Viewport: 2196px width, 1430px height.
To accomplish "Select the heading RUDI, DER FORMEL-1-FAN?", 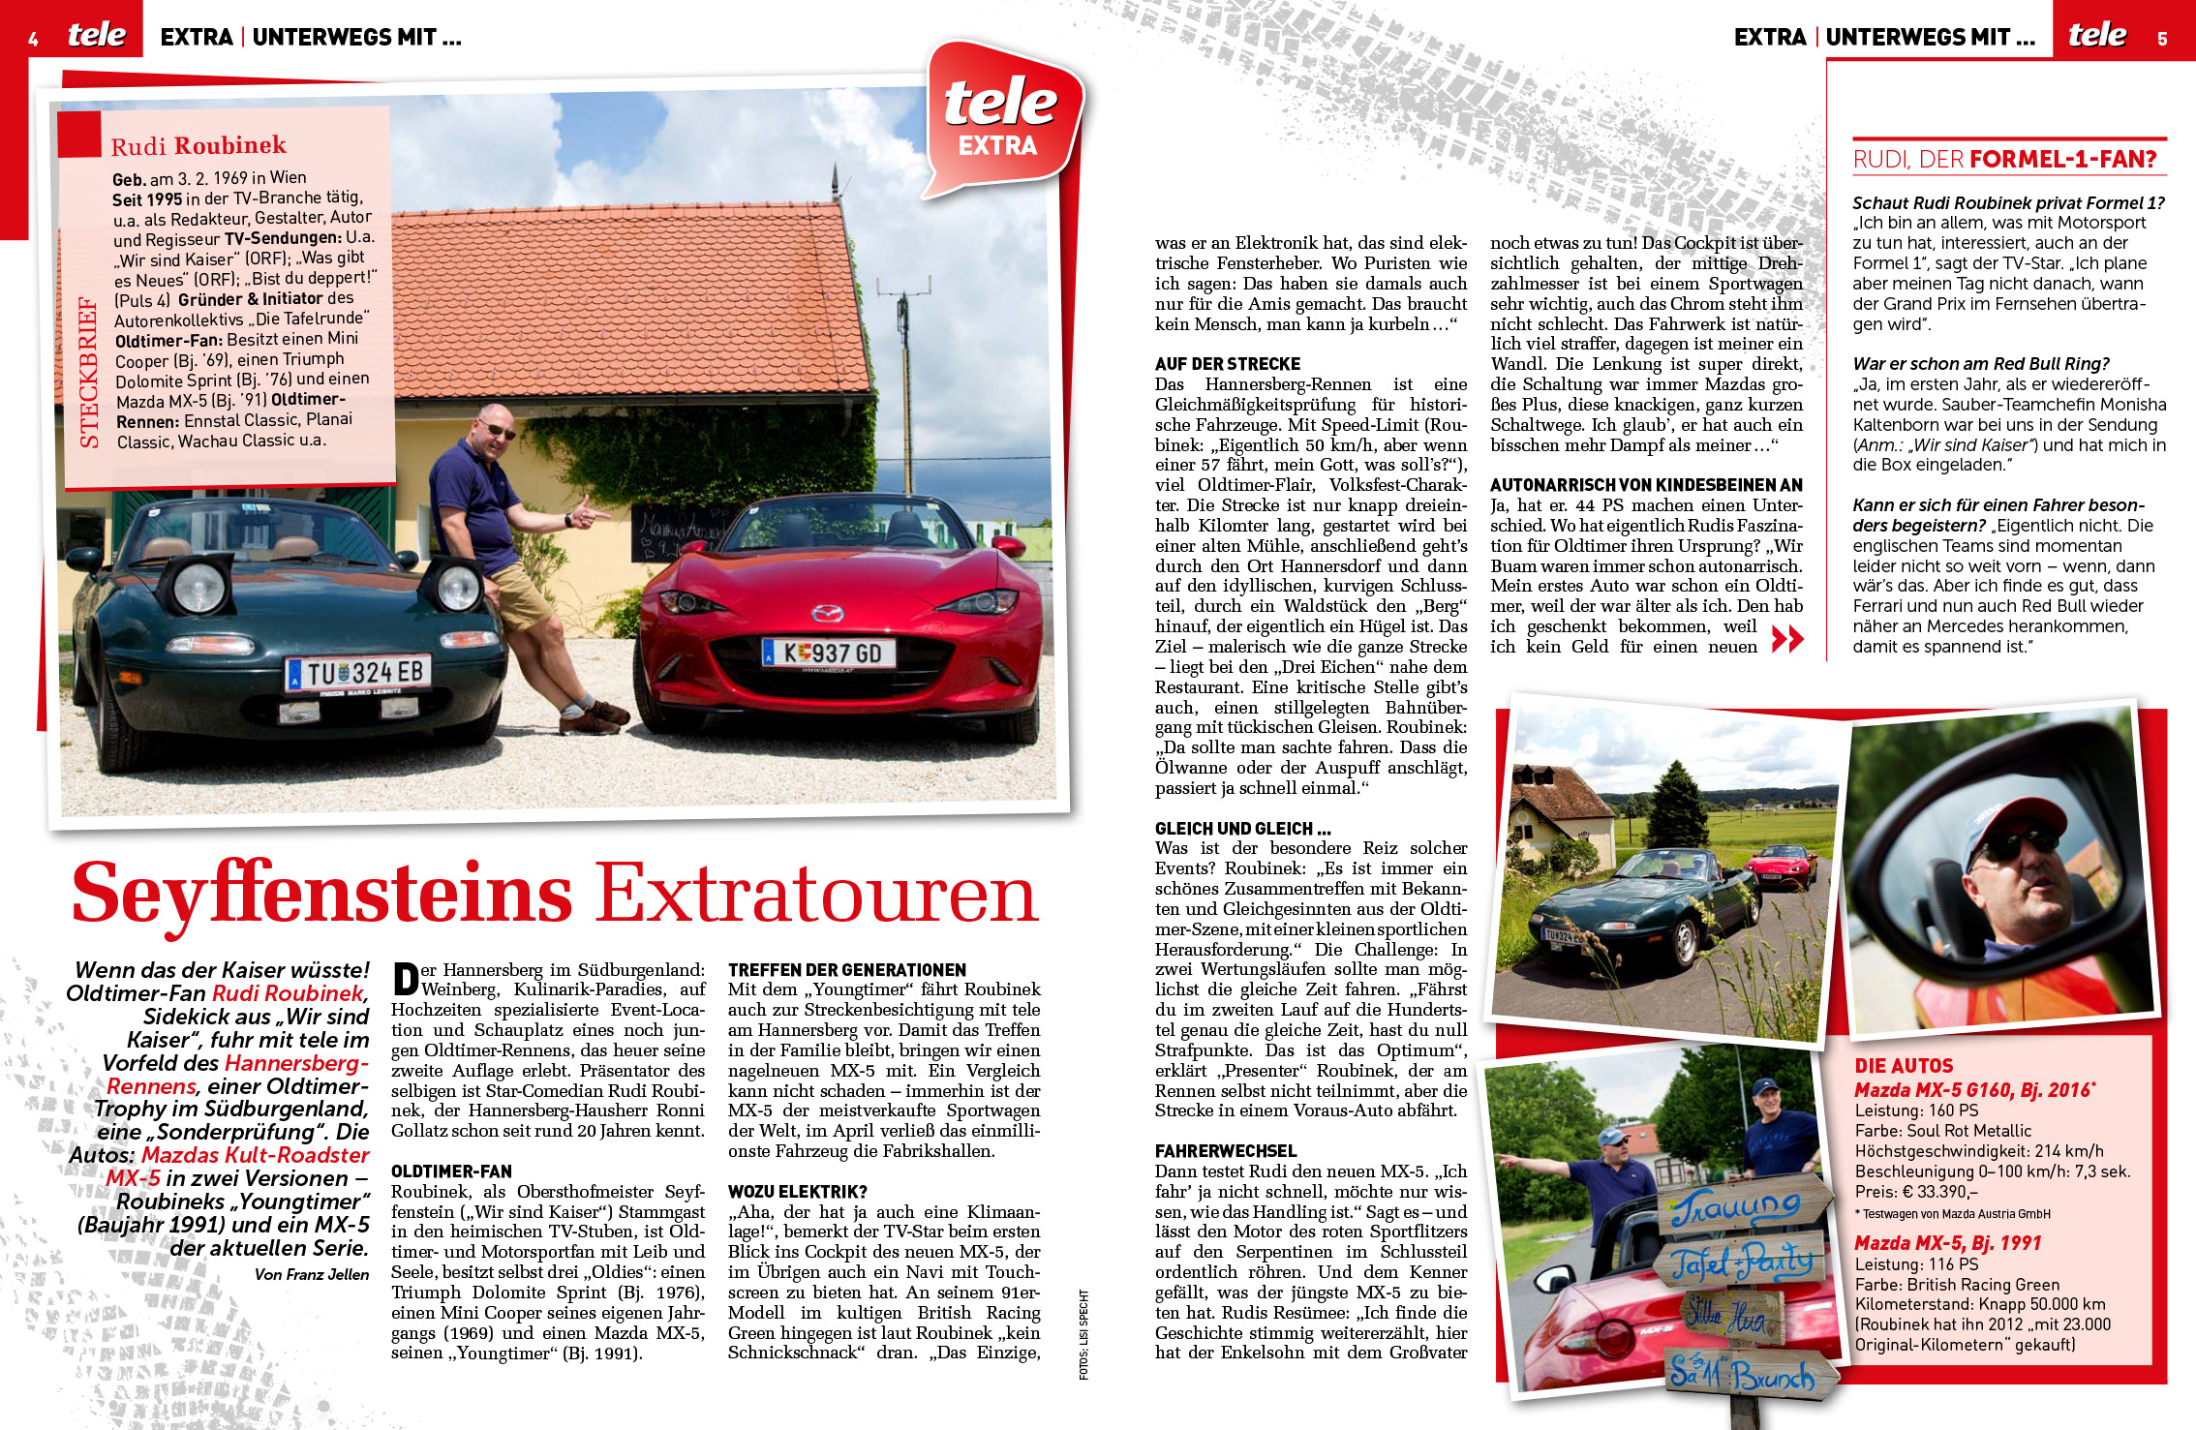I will (x=2005, y=160).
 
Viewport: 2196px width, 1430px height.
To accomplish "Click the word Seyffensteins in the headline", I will (x=322, y=893).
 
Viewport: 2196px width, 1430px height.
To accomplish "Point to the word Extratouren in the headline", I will (x=816, y=893).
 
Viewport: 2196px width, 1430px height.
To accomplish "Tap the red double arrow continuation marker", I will (x=1787, y=638).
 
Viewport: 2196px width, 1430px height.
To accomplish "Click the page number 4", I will (x=34, y=39).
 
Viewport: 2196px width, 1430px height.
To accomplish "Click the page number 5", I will (x=2162, y=39).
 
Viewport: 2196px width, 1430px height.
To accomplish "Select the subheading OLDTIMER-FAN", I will (x=451, y=1171).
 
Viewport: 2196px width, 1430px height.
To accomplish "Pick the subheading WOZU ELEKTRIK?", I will (x=798, y=1192).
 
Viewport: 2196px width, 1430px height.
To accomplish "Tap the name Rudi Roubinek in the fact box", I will (x=198, y=146).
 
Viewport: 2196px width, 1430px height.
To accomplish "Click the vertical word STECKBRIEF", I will (x=89, y=373).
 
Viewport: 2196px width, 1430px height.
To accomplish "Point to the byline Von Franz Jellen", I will (x=311, y=1275).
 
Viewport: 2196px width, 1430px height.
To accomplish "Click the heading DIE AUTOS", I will (x=1904, y=1066).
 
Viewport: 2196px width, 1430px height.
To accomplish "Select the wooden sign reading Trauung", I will (x=1738, y=1207).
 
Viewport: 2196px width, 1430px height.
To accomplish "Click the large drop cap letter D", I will (x=406, y=979).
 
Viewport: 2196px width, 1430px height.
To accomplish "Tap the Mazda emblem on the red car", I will (x=826, y=613).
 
